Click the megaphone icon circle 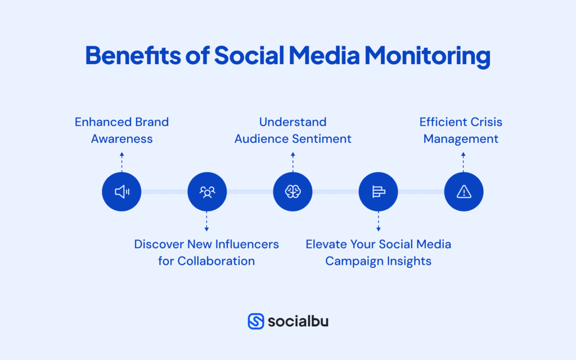(121, 192)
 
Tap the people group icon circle (207, 192)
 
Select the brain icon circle (292, 192)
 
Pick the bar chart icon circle (378, 192)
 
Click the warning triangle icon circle (463, 192)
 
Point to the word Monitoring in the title (427, 56)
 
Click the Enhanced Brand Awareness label (121, 130)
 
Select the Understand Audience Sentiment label (292, 130)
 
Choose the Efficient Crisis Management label (461, 130)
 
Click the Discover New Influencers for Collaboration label (206, 253)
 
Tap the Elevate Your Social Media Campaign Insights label (378, 253)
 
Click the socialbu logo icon (256, 321)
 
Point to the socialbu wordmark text (298, 321)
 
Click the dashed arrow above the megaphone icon (121, 161)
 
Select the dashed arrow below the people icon (207, 222)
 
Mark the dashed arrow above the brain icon (292, 161)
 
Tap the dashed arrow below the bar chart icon (378, 222)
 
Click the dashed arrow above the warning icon (463, 161)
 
